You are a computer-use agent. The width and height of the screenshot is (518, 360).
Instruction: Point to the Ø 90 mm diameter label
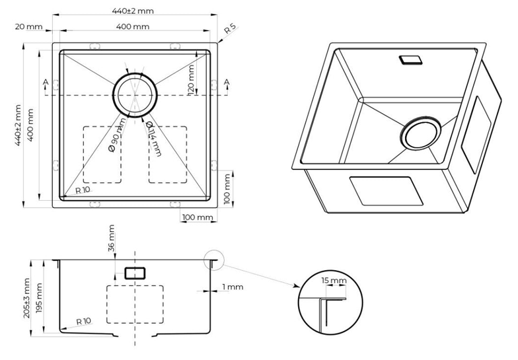tap(116, 135)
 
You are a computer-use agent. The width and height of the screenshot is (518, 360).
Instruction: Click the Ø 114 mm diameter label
tap(153, 138)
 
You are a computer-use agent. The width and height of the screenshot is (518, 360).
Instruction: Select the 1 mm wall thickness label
tap(233, 287)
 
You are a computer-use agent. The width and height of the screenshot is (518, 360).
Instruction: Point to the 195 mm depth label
tap(40, 298)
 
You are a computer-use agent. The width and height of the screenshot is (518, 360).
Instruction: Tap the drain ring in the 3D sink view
tap(418, 134)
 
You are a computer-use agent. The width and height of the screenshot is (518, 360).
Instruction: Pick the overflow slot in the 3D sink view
tap(411, 59)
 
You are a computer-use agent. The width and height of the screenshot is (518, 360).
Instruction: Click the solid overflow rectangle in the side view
tap(135, 272)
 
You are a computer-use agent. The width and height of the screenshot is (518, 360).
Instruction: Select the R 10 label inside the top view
tap(83, 190)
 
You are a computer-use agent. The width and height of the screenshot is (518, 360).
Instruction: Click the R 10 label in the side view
tap(83, 322)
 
